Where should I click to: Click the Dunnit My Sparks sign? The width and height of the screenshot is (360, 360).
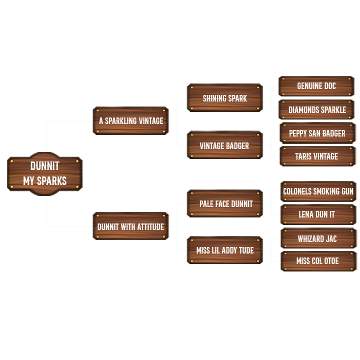pyautogui.click(x=44, y=173)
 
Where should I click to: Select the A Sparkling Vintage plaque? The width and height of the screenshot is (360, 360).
pyautogui.click(x=131, y=121)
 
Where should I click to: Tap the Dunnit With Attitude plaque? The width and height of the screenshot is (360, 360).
pyautogui.click(x=131, y=226)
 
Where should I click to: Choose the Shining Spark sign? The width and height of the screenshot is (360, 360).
pyautogui.click(x=224, y=98)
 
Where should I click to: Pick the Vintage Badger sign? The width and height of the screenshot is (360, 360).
pyautogui.click(x=224, y=145)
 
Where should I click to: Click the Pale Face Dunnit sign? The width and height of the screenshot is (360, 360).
pyautogui.click(x=225, y=204)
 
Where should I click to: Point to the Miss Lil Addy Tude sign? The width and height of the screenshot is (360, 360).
pyautogui.click(x=225, y=250)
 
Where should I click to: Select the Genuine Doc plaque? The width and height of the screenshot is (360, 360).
pyautogui.click(x=316, y=86)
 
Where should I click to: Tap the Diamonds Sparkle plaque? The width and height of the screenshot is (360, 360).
pyautogui.click(x=317, y=109)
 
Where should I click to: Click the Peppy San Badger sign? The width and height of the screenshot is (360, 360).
pyautogui.click(x=317, y=133)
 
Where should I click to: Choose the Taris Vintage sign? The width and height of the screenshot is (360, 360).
pyautogui.click(x=317, y=156)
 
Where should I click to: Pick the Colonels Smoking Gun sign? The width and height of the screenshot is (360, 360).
pyautogui.click(x=318, y=191)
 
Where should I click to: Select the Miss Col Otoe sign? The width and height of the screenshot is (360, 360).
pyautogui.click(x=317, y=261)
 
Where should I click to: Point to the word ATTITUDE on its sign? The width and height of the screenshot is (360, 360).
pyautogui.click(x=147, y=227)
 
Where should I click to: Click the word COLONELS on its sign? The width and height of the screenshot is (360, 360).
pyautogui.click(x=298, y=191)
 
